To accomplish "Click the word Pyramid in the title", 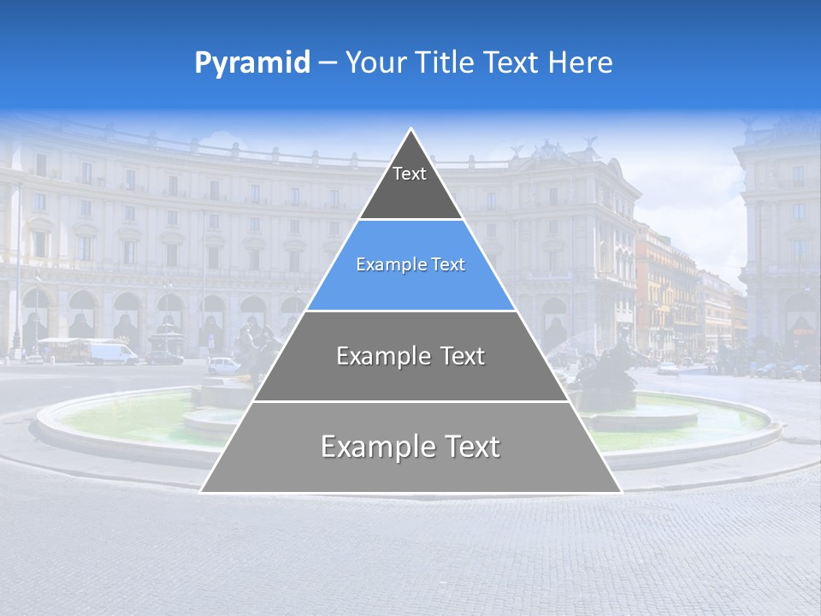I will (x=251, y=63).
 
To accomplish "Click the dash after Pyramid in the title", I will (x=328, y=63).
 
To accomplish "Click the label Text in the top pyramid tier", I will (x=410, y=175).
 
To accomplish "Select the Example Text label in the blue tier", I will (x=410, y=265).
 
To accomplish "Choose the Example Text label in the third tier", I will (x=410, y=356).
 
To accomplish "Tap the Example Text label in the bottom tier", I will (x=410, y=447).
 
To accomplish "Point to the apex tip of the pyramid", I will (x=411, y=129).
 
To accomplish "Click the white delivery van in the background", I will (x=112, y=352).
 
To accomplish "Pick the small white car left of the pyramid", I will (x=223, y=364).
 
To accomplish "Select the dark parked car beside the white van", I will (x=163, y=357).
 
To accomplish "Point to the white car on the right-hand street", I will (x=668, y=368).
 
